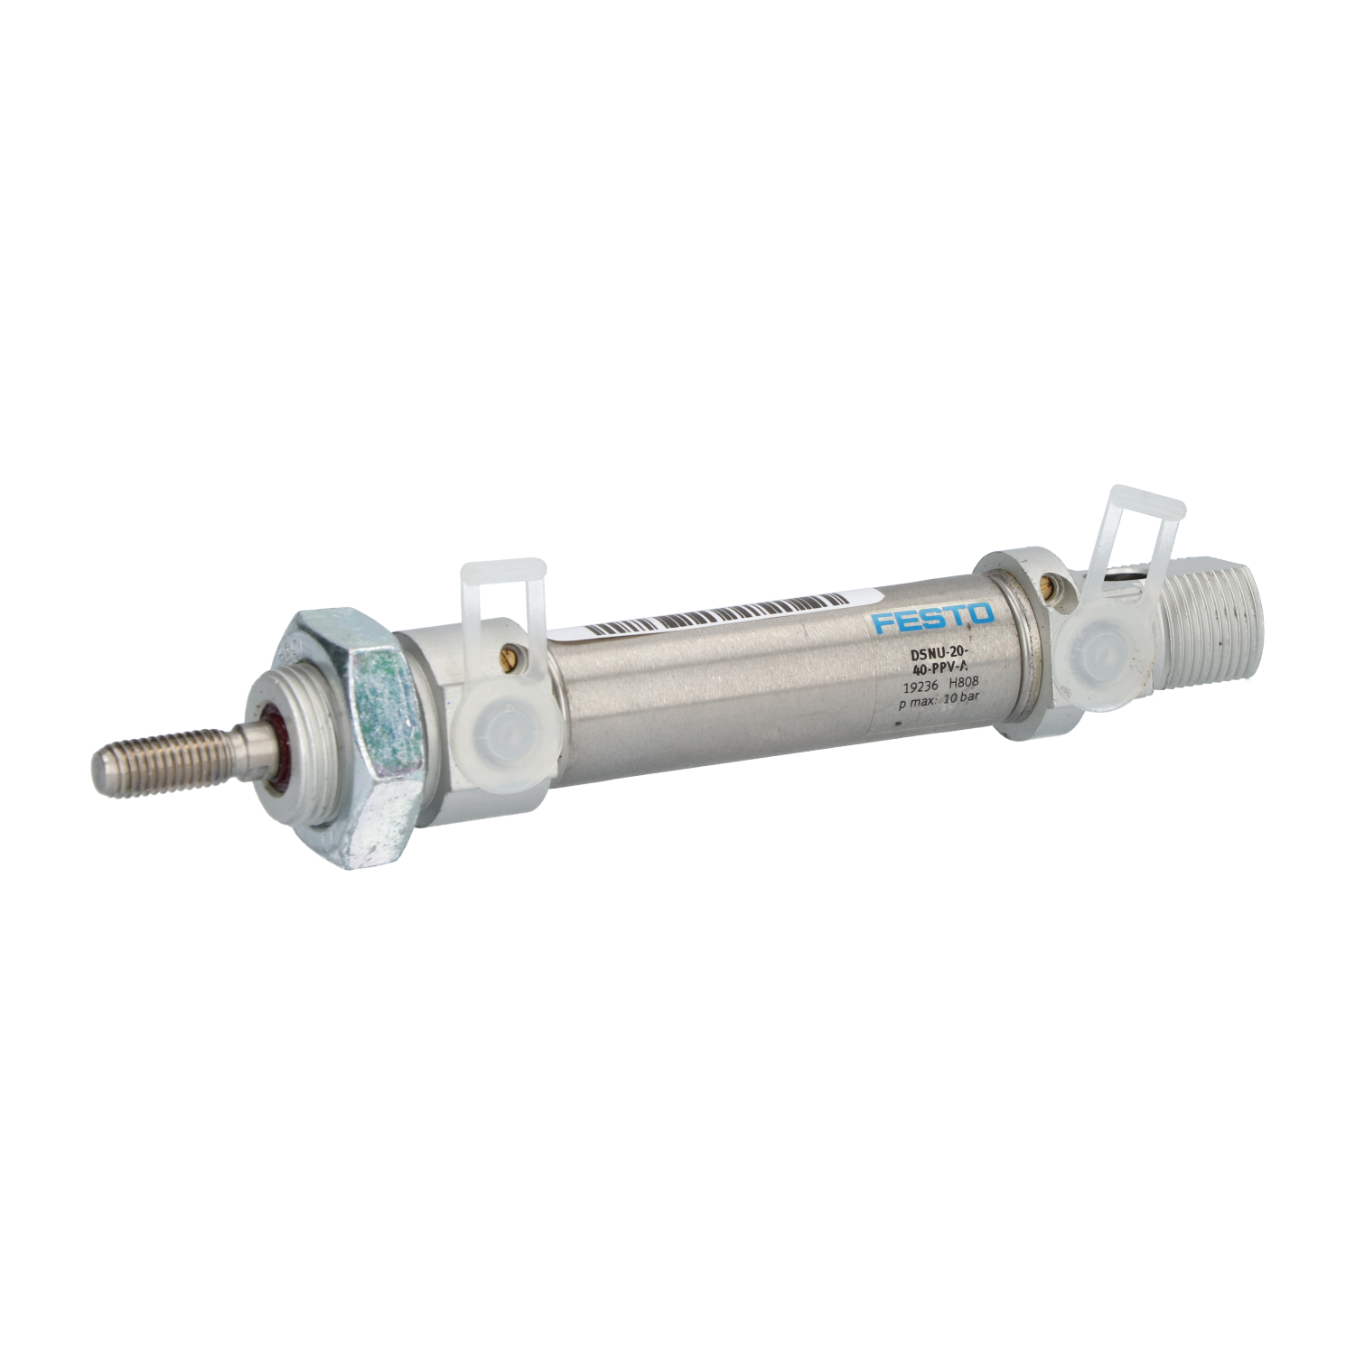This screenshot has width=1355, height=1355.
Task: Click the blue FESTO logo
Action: coord(933,619)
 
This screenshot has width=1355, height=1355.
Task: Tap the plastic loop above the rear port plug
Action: coord(1140,524)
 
